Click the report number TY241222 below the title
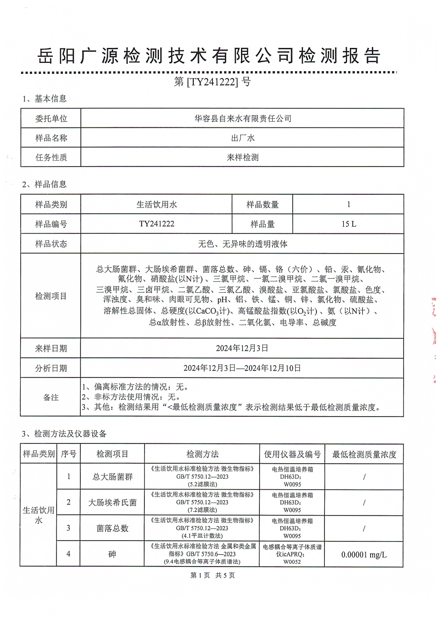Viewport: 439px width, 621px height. coord(212,82)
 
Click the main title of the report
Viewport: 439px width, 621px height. coord(209,56)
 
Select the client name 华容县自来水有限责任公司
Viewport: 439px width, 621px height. coord(242,118)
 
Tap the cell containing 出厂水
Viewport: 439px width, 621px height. coord(242,138)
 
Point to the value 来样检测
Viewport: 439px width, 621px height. coord(242,157)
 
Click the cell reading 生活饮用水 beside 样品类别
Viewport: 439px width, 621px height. coord(156,204)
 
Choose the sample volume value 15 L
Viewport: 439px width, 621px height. coord(349,224)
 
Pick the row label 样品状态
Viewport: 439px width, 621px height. coord(51,244)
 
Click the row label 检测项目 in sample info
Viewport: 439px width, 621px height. coord(51,296)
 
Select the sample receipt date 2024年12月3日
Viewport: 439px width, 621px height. coord(242,348)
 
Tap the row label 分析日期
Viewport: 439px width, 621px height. coord(51,368)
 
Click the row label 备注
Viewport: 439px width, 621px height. coord(51,397)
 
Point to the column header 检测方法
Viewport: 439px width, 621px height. coord(202,454)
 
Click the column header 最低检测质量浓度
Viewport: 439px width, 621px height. coord(364,454)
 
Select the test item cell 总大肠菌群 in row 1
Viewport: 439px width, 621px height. coord(112,477)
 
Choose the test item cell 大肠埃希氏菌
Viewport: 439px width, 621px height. coord(112,502)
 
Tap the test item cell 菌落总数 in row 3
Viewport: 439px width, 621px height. coord(112,528)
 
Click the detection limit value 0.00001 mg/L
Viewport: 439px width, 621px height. coord(364,555)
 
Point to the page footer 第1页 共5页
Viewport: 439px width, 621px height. coord(213,575)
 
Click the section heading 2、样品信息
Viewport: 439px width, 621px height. coord(44,184)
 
